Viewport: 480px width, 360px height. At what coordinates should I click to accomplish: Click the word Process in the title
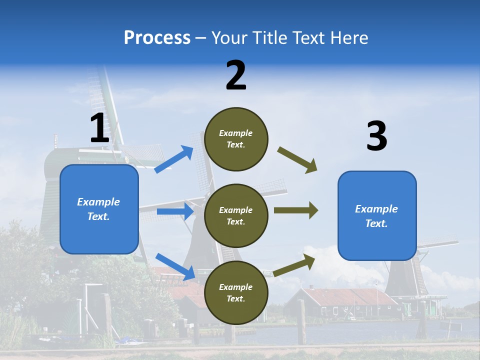(157, 38)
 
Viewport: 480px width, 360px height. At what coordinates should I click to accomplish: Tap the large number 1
(99, 128)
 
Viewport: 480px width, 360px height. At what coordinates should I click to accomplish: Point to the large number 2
(236, 75)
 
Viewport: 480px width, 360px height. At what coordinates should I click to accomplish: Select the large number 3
(376, 136)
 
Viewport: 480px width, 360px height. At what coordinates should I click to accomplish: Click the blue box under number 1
(99, 209)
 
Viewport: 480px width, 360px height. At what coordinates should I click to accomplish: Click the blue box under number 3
(377, 216)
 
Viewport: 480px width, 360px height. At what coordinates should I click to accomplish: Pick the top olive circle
(236, 139)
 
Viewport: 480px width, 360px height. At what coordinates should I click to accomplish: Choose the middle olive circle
(236, 216)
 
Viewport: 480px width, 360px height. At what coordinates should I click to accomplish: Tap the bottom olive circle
(236, 293)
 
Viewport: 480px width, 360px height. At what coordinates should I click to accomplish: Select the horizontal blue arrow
(175, 211)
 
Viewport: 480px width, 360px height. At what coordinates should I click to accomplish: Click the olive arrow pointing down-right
(298, 160)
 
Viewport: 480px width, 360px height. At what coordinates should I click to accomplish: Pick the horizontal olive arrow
(296, 210)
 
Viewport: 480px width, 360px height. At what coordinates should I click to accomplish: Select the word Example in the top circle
(236, 133)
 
